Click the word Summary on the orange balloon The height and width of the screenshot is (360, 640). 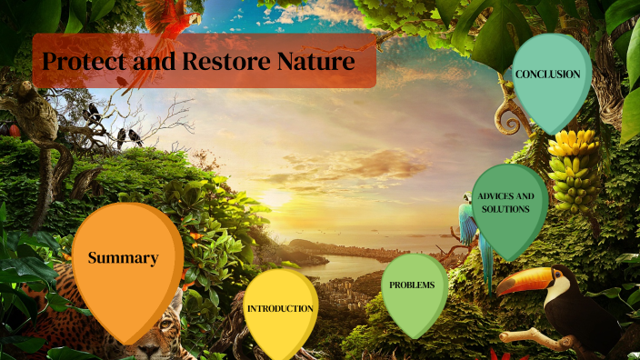[x=123, y=258]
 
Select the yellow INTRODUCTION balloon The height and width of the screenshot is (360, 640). [x=280, y=308]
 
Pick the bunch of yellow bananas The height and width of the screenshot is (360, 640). [x=575, y=168]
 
